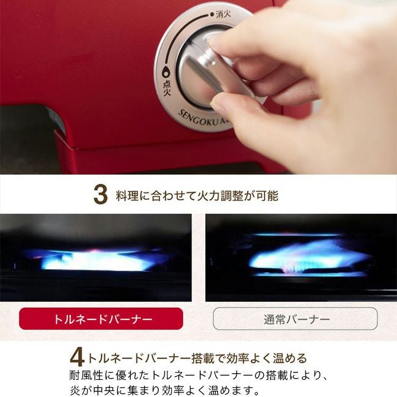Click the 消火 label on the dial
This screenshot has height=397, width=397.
tap(223, 14)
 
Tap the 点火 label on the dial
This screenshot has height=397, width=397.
tap(167, 88)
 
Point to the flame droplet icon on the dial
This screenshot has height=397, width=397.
tap(166, 73)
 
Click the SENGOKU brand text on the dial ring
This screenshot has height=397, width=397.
tap(198, 118)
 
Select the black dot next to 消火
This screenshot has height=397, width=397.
tap(212, 15)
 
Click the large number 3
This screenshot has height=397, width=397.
tap(101, 195)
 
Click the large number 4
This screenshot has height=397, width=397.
tap(77, 357)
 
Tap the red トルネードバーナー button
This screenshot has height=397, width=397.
tap(101, 318)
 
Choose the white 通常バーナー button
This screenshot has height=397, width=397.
tap(295, 318)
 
